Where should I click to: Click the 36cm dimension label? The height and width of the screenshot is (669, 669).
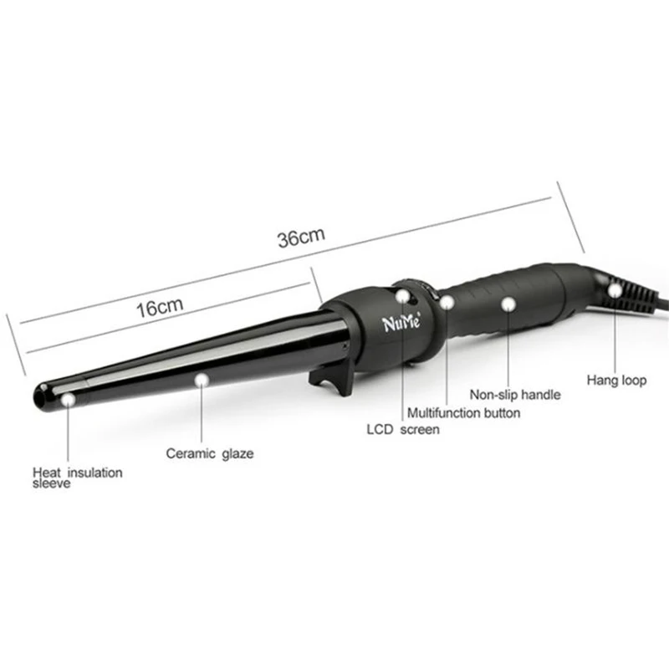301,237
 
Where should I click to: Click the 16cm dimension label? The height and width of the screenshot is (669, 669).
159,306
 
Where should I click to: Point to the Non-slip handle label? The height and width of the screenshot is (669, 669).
514,396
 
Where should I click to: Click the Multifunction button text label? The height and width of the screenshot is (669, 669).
463,413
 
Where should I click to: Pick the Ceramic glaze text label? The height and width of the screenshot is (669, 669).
209,454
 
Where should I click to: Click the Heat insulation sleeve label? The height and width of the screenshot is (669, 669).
77,477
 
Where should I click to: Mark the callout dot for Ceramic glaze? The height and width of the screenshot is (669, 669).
201,380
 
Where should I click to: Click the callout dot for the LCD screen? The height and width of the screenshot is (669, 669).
404,295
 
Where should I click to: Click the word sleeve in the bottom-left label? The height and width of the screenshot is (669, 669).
51,484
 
